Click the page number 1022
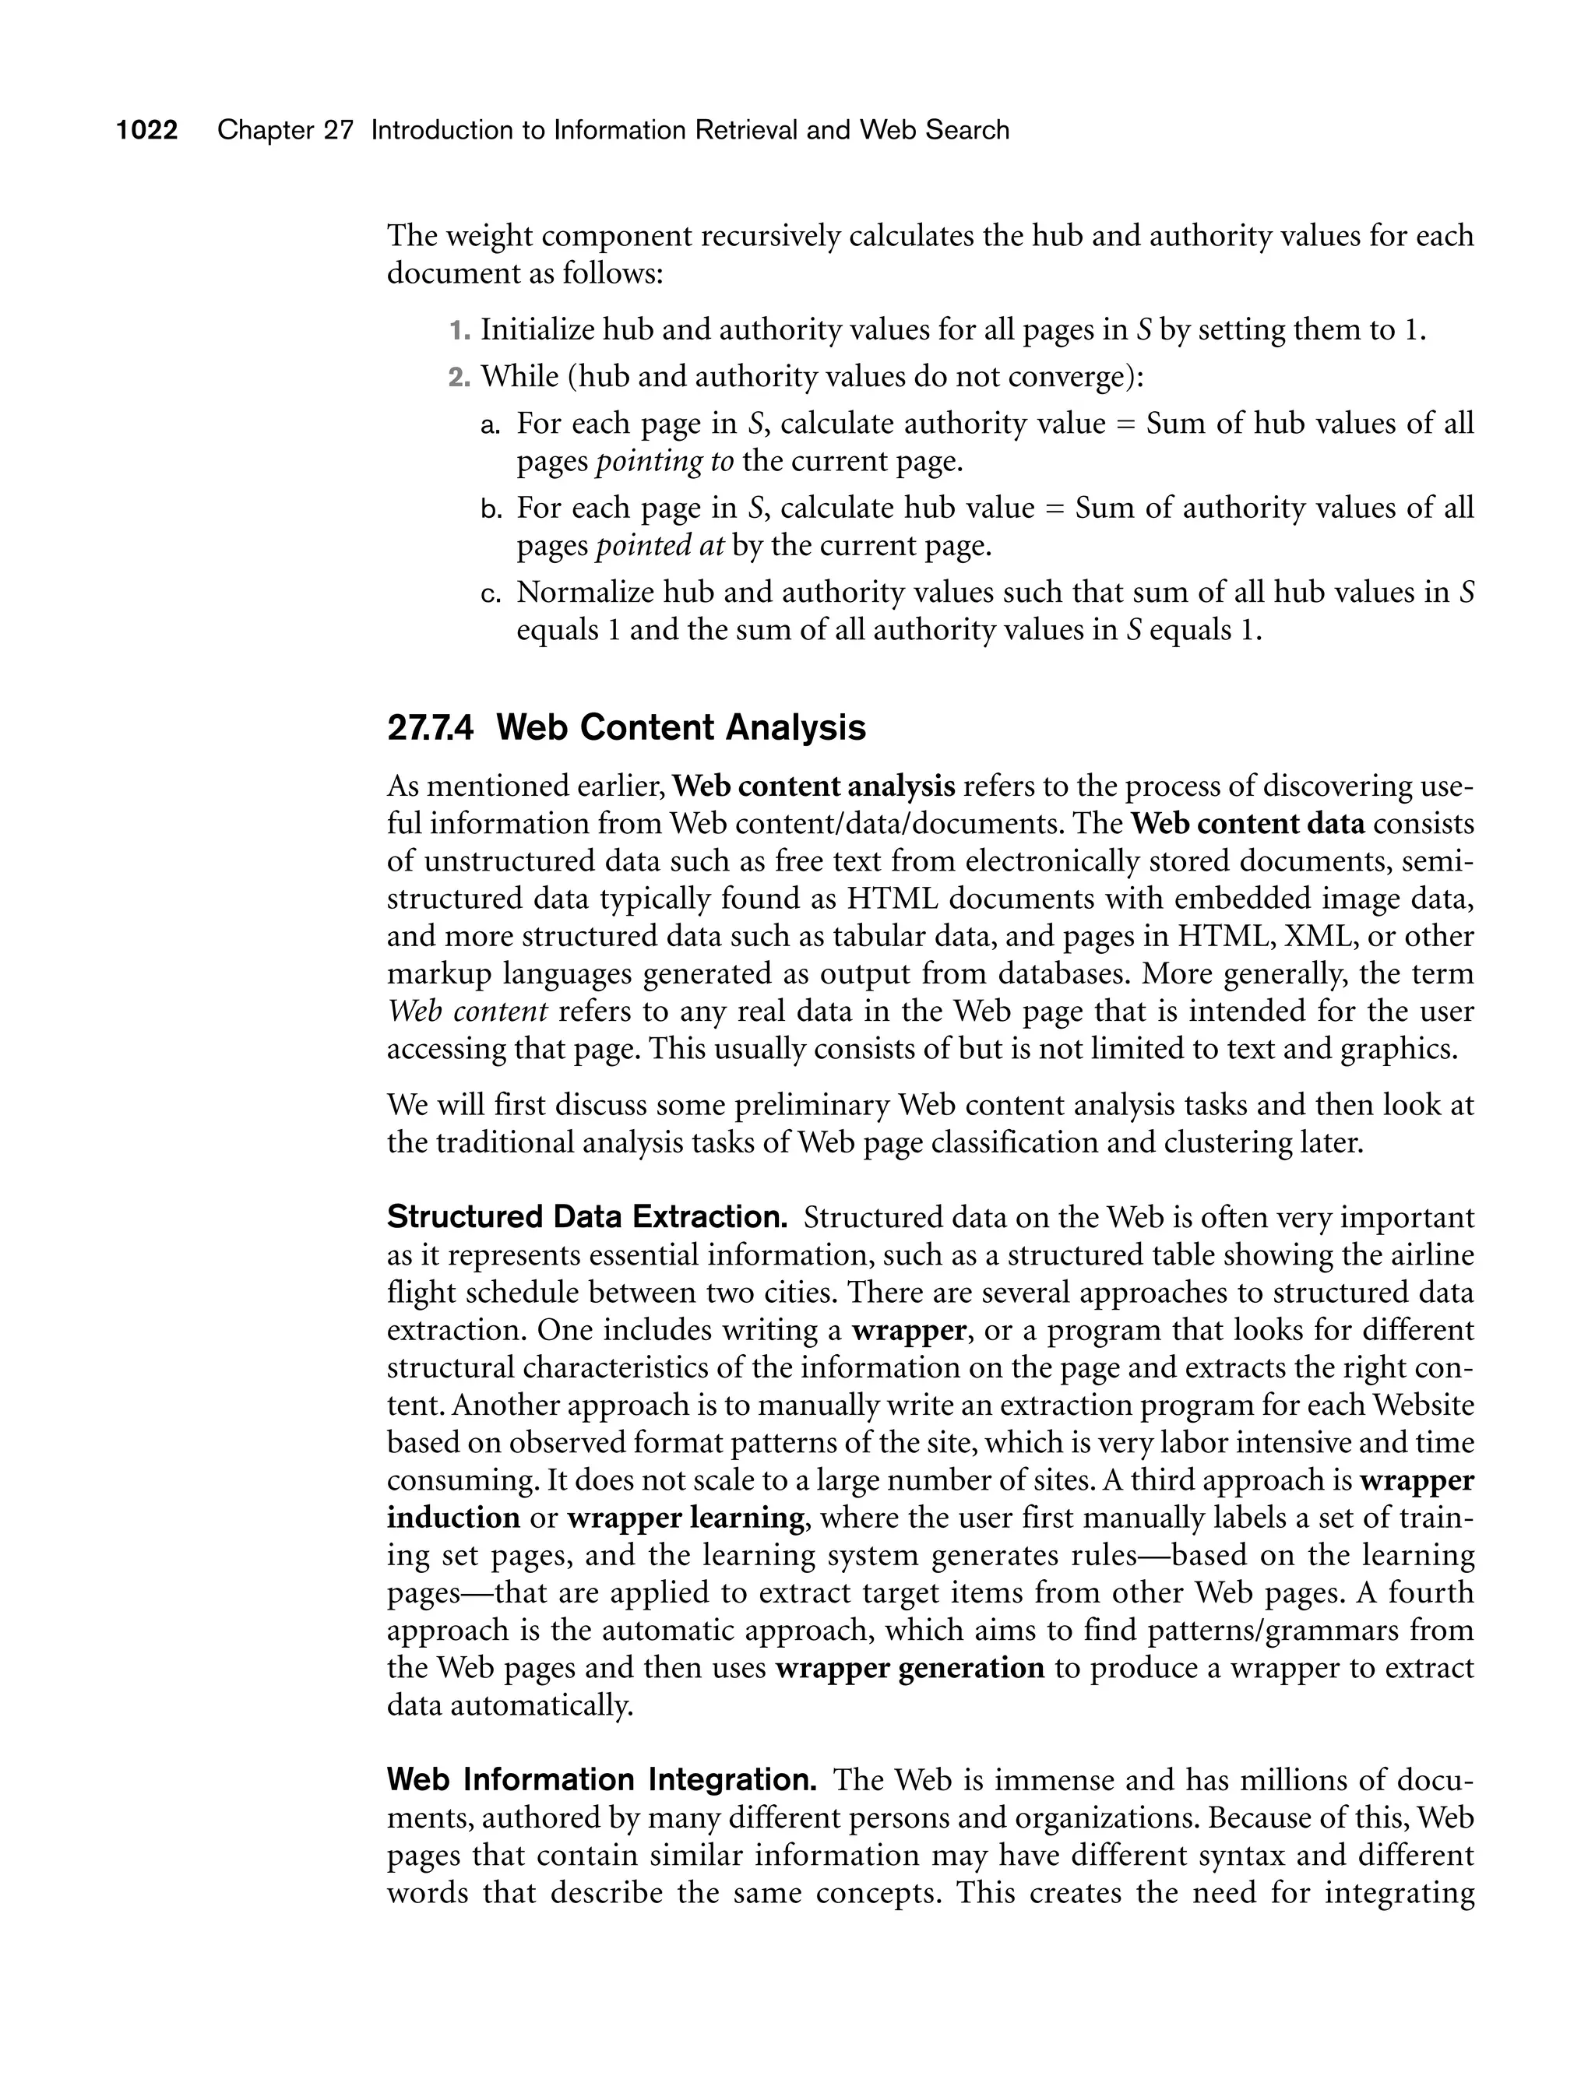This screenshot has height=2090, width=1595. coord(147,130)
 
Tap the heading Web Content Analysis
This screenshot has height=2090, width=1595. coord(681,728)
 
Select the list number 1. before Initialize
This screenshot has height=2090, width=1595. coord(459,330)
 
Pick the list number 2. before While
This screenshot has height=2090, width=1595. coord(459,377)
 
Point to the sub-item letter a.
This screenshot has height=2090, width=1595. coord(490,424)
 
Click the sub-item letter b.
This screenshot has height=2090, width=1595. coord(490,508)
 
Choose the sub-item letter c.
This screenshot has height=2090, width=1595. coord(490,593)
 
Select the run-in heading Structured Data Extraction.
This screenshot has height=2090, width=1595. coord(586,1218)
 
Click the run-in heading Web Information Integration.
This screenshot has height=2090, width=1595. coord(602,1779)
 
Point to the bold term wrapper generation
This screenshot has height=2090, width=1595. coord(910,1668)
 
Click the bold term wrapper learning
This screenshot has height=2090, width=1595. coord(685,1518)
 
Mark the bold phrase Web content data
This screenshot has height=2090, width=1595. coord(1248,824)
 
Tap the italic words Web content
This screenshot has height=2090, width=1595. coord(467,1011)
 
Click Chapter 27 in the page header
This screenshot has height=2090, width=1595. coord(285,130)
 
